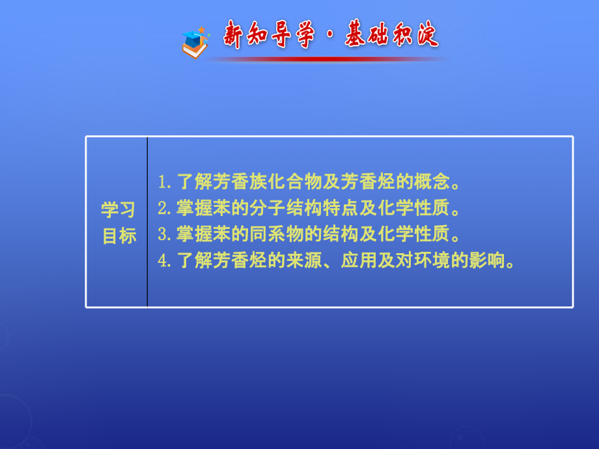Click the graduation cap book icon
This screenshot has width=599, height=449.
[195, 43]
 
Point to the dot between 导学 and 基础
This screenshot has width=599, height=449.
[326, 36]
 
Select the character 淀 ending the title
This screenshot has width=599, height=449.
[425, 35]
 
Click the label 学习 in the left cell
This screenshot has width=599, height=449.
[118, 210]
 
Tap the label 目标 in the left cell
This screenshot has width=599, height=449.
[118, 236]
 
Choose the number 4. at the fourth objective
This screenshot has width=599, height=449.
[165, 261]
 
